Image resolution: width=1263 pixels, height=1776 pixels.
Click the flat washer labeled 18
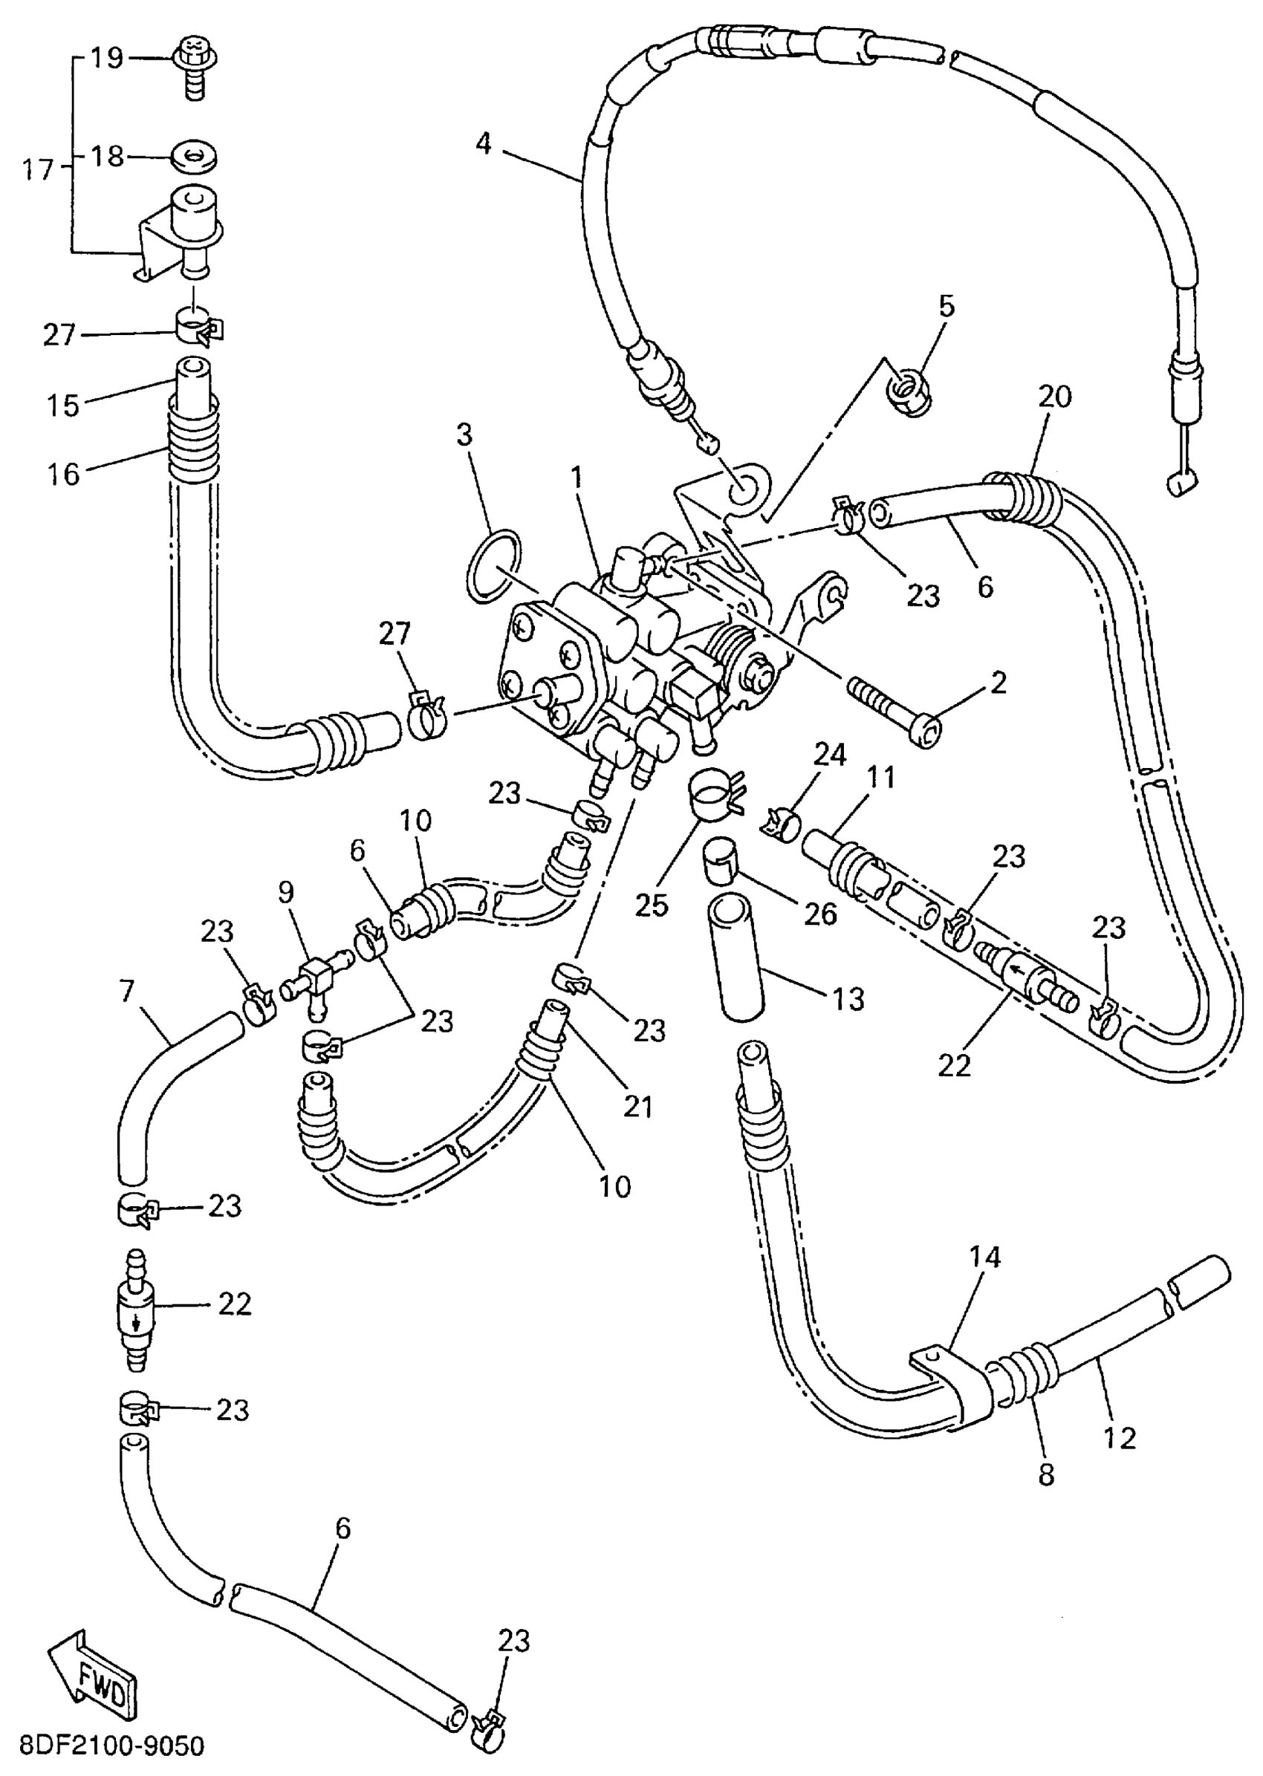click(x=194, y=157)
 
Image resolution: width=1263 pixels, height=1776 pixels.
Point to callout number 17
click(x=36, y=169)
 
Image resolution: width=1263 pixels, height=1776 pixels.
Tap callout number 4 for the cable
click(x=484, y=144)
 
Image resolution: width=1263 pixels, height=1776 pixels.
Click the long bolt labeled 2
click(x=895, y=709)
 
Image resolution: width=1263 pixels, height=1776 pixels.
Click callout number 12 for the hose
click(x=1120, y=1438)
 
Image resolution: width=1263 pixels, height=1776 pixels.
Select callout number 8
click(x=1046, y=1474)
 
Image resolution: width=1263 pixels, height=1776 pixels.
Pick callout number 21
click(x=637, y=1106)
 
